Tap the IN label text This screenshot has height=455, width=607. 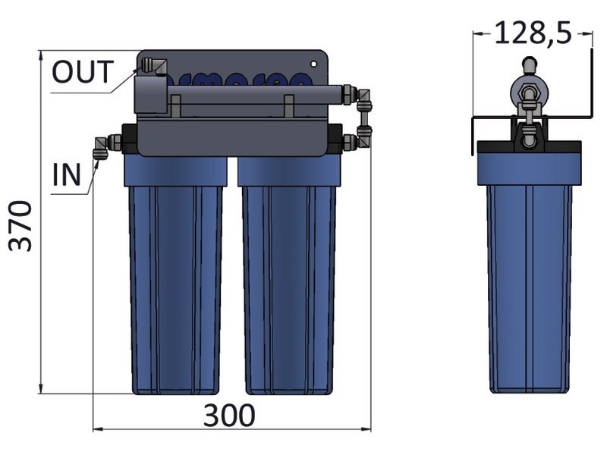[67, 174]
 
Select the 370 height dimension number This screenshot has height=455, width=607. [20, 225]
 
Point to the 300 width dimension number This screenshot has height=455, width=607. [229, 416]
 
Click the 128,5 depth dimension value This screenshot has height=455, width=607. [533, 33]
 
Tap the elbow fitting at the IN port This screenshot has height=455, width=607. [100, 146]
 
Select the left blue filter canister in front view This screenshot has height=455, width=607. [177, 281]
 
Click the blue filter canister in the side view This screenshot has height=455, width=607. [529, 281]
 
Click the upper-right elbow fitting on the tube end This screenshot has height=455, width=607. [365, 96]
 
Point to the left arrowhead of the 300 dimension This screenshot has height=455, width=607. [96, 430]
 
